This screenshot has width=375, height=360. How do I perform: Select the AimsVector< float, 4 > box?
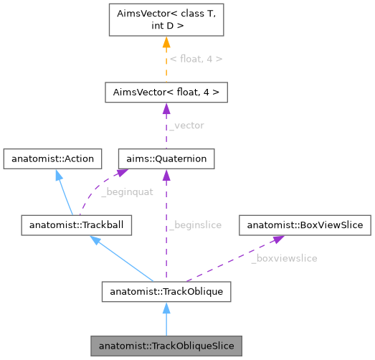pyautogui.click(x=166, y=93)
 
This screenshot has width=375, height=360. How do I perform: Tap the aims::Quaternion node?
pyautogui.click(x=166, y=158)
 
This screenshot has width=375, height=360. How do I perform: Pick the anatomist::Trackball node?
pyautogui.click(x=76, y=225)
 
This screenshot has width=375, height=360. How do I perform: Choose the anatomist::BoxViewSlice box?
pyautogui.click(x=305, y=225)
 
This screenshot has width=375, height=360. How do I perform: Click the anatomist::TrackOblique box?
pyautogui.click(x=166, y=292)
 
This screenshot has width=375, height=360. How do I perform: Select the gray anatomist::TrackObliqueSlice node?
pyautogui.click(x=166, y=346)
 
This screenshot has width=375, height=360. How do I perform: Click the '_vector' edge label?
pyautogui.click(x=186, y=125)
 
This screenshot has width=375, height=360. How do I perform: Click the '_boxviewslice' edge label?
pyautogui.click(x=284, y=257)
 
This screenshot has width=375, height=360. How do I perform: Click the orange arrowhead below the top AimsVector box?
pyautogui.click(x=166, y=43)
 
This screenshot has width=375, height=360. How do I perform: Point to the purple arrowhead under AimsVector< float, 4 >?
pyautogui.click(x=166, y=109)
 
